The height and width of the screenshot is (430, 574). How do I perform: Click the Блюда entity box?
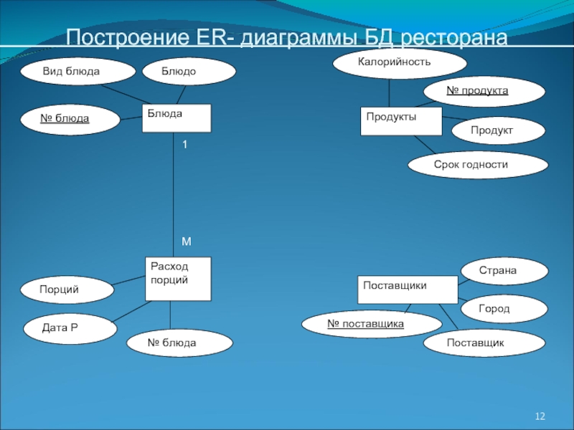pos(177,118)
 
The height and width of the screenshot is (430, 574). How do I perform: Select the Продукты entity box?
pos(400,120)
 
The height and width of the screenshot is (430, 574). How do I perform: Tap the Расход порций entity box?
pos(178,278)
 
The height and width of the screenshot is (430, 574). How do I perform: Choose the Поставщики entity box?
pos(408,289)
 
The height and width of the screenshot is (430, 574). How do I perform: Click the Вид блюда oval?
pos(77,72)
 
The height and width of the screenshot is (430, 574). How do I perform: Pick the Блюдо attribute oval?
pos(189,72)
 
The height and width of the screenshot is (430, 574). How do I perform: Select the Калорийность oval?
pos(395,63)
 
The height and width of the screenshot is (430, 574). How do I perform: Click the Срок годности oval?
pos(477,165)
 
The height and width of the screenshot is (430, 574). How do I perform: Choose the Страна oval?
pos(502,271)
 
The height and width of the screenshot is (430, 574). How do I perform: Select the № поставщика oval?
pos(365,324)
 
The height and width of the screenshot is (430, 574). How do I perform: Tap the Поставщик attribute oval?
pos(475,343)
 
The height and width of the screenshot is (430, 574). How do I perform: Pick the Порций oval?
pos(67,290)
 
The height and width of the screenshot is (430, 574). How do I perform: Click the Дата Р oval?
pos(70,328)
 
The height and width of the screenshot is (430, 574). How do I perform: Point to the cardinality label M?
pos(186,242)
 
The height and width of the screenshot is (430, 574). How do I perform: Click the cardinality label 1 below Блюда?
pos(184,145)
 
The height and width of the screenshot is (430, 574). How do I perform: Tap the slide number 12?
pos(541,416)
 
